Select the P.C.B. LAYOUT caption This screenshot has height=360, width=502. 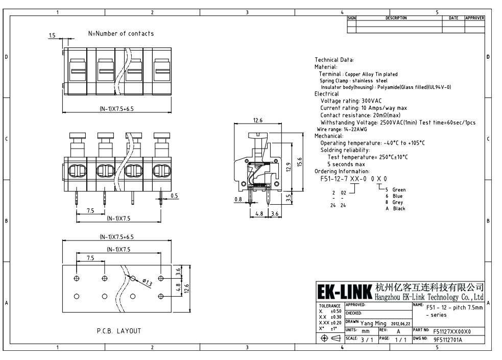point(118,331)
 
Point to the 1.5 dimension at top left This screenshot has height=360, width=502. point(52,35)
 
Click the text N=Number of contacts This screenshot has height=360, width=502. point(121,34)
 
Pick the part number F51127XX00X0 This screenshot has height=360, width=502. point(452,330)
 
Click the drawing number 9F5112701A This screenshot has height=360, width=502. point(448,339)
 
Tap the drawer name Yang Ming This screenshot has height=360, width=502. point(373,323)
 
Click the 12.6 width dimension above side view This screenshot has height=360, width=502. point(258,121)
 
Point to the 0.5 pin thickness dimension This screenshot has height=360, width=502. point(174,196)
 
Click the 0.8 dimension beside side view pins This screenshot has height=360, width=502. point(238,199)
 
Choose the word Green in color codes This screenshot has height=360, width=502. point(399,190)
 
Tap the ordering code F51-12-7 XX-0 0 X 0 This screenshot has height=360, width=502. point(353,179)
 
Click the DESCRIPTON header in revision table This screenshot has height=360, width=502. point(396,18)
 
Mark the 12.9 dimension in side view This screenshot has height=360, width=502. point(289,167)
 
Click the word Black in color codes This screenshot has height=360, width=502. point(399,208)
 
